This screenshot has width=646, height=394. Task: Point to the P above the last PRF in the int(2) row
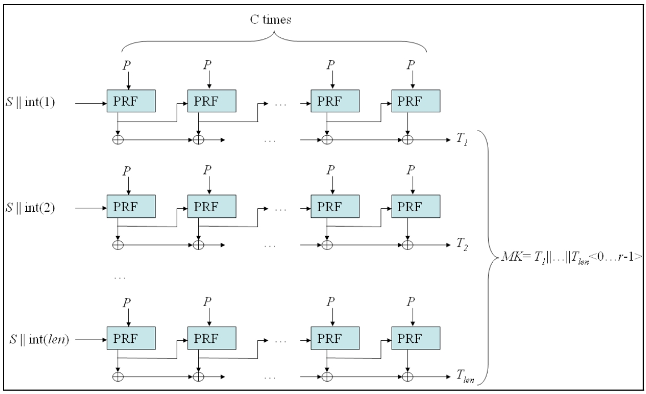[411, 169]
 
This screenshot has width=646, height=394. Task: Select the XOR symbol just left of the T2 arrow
[408, 244]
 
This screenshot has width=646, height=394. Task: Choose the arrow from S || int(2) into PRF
[90, 209]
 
